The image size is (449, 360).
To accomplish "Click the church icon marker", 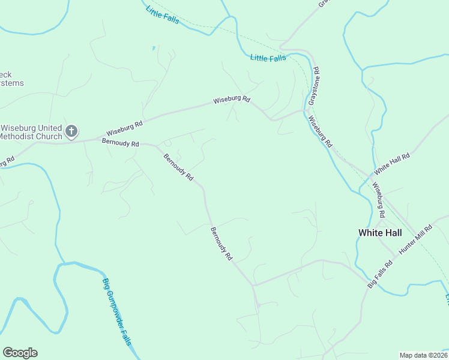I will (71, 131).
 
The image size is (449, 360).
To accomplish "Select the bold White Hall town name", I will (379, 232).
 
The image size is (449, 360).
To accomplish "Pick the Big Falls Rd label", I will (380, 274).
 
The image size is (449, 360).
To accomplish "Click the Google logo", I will (20, 353).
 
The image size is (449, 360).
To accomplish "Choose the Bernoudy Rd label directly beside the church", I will (120, 143).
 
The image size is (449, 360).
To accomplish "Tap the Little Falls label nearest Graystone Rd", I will (268, 58).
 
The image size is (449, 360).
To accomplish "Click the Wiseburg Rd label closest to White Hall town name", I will (378, 200).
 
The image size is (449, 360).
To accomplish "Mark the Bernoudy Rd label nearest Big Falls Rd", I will (221, 243).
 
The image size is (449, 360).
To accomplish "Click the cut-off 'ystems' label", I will (12, 83).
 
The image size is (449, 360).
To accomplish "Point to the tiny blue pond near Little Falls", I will (154, 47).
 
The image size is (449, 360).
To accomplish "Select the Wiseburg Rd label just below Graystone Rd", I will (319, 131).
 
